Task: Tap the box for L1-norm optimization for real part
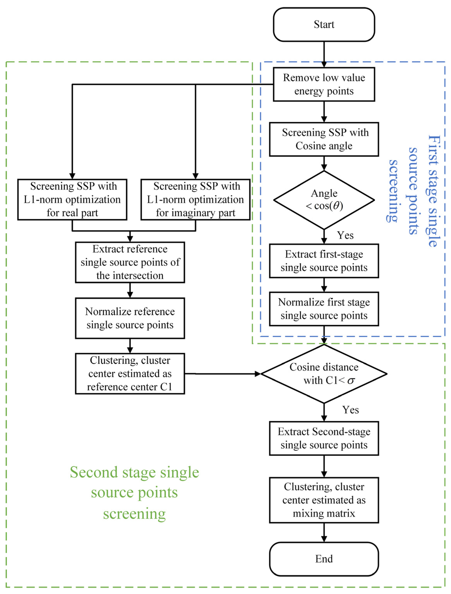[x=72, y=199]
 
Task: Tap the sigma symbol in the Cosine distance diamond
[x=351, y=381]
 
